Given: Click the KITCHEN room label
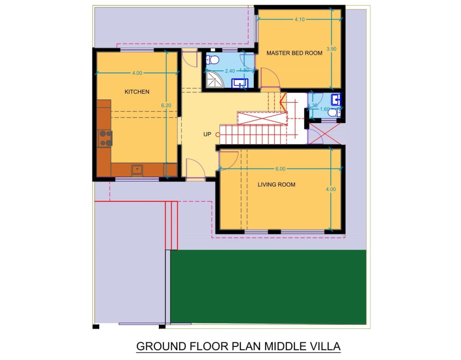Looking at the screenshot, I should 137,92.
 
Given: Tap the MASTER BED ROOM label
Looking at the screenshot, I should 294,53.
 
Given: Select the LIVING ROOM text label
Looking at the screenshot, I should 276,185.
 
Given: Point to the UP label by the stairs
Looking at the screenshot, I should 207,134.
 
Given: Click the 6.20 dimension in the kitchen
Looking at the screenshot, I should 167,105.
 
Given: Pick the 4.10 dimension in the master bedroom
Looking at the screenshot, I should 299,19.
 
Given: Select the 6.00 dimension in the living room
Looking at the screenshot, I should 280,169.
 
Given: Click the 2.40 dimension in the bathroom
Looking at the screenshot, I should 230,71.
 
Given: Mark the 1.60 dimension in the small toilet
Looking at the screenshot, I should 324,109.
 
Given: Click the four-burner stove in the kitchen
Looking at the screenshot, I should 105,138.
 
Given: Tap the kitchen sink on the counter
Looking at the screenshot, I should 137,170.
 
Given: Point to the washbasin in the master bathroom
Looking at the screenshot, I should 240,83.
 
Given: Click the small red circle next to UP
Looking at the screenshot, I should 218,134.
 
